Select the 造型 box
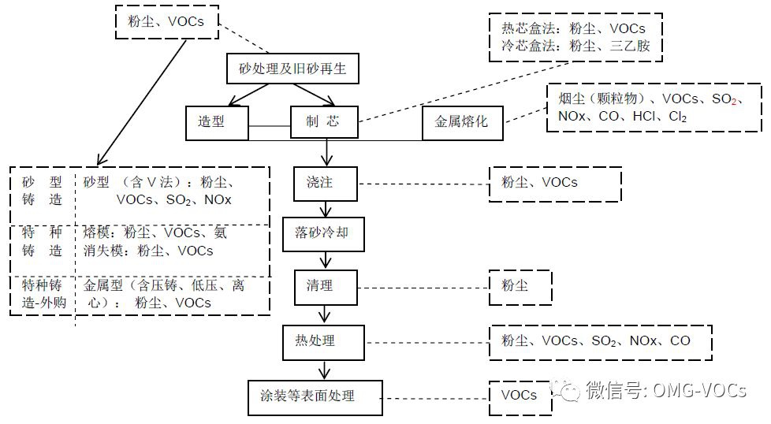218,121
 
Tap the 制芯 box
324,121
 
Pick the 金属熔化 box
462,121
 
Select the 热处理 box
324,341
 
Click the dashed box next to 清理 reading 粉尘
520,285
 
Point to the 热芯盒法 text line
574,29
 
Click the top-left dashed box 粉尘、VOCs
165,21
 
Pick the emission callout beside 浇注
555,183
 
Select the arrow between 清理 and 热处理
325,313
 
